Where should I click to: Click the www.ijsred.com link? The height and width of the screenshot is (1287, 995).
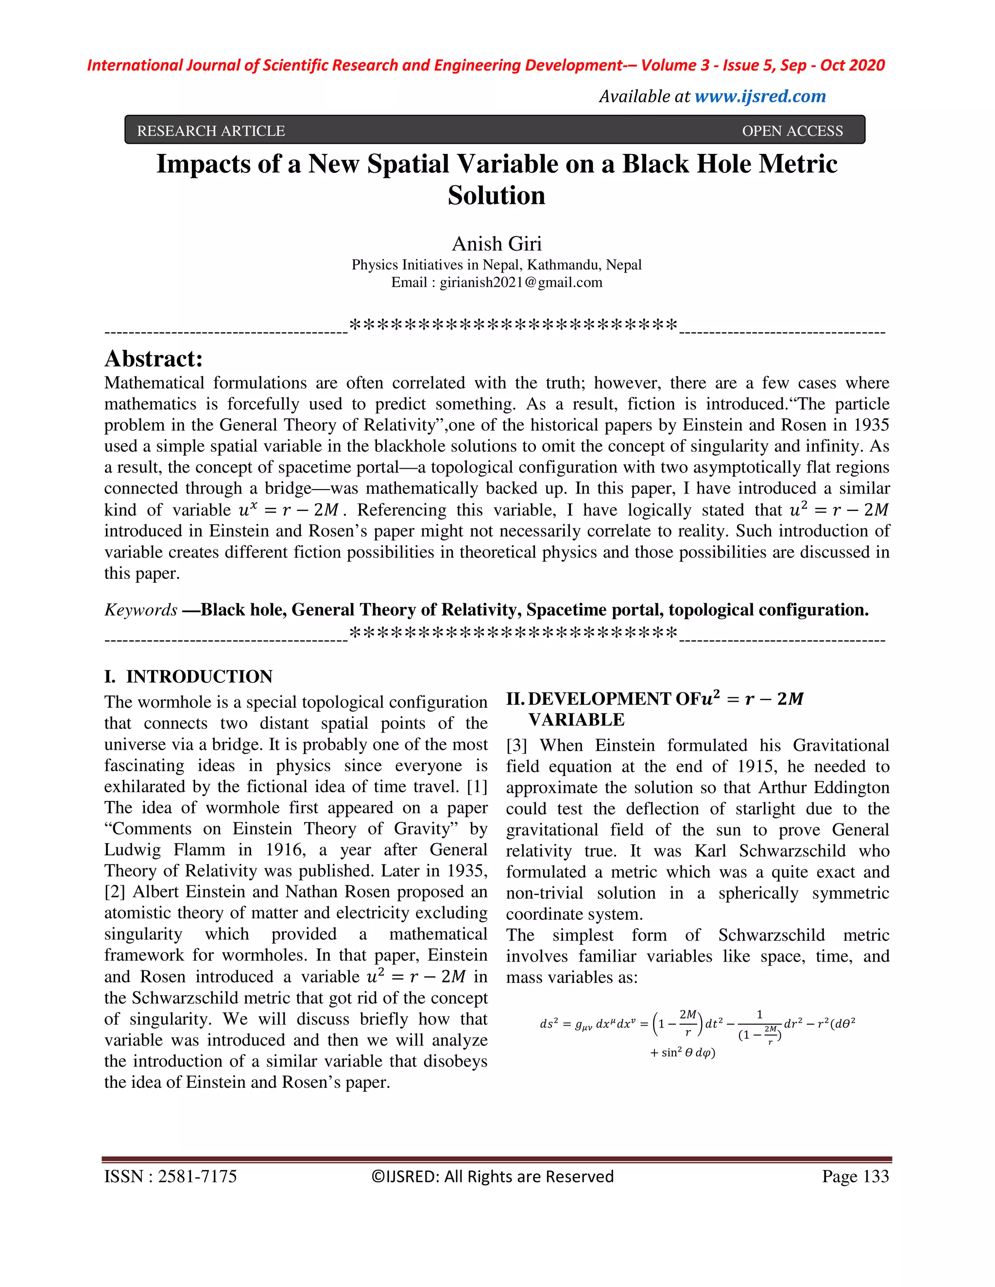[x=760, y=96]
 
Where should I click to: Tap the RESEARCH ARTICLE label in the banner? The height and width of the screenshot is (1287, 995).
[x=210, y=131]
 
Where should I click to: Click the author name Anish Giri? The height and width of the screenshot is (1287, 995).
[x=497, y=243]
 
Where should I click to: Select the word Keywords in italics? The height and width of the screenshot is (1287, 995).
[x=140, y=610]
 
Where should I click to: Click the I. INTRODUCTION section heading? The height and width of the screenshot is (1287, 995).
[x=188, y=676]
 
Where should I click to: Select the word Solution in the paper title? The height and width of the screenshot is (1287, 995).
[x=497, y=196]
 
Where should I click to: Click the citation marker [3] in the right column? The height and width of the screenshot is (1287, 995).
[x=516, y=745]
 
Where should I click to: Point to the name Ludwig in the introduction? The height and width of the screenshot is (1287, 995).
[x=132, y=850]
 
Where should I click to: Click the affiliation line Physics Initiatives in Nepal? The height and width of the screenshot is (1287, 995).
[x=497, y=265]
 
